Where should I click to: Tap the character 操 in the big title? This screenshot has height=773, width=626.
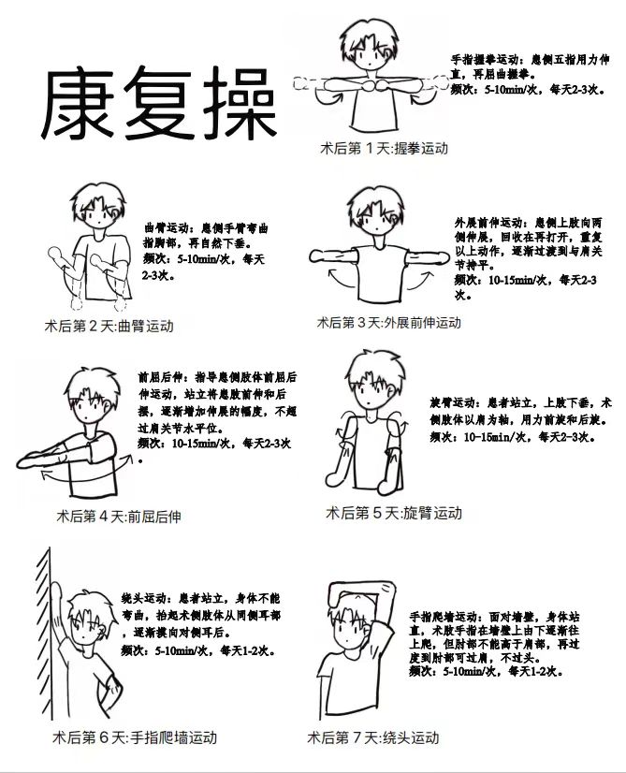[240, 103]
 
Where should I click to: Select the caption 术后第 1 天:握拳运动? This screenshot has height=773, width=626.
[384, 148]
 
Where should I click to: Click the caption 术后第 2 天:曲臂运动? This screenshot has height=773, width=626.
[109, 326]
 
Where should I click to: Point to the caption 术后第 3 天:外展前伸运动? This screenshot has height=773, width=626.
[389, 323]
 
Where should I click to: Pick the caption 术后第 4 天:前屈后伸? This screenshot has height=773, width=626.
[119, 517]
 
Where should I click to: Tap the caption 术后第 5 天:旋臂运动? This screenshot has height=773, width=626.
[394, 513]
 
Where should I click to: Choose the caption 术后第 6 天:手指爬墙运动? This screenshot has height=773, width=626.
[135, 737]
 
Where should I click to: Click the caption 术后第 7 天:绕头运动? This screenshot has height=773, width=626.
[373, 737]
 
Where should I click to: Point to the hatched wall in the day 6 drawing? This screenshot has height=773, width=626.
[45, 634]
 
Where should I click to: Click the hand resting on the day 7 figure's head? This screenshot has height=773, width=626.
[339, 597]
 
